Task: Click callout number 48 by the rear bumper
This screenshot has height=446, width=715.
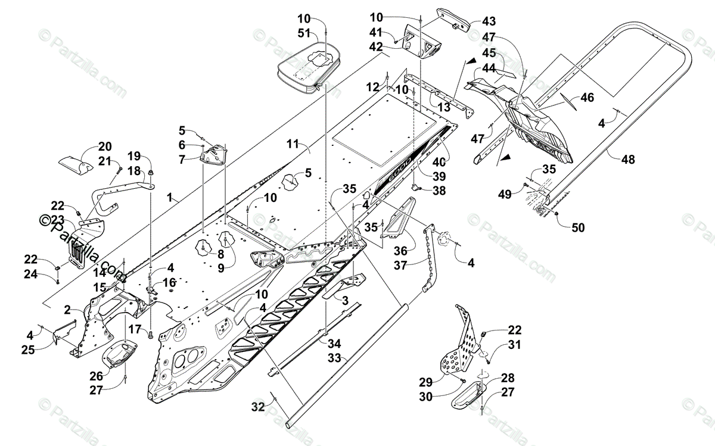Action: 627,160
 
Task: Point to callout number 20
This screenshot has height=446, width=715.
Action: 105,147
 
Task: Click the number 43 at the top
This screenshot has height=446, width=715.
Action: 489,21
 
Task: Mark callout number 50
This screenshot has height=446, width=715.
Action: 578,227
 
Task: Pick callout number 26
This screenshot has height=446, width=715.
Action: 97,376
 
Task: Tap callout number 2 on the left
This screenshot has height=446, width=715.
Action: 67,310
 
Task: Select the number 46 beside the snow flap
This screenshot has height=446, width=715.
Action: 587,98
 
